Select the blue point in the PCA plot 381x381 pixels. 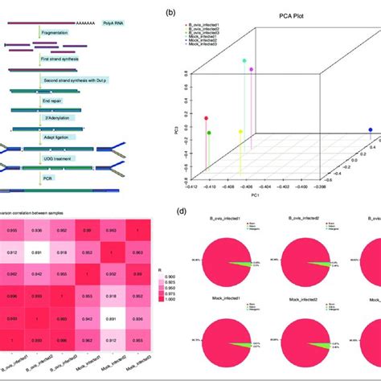370,130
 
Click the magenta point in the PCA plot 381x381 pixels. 252,70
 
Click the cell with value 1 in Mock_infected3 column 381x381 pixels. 138,231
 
